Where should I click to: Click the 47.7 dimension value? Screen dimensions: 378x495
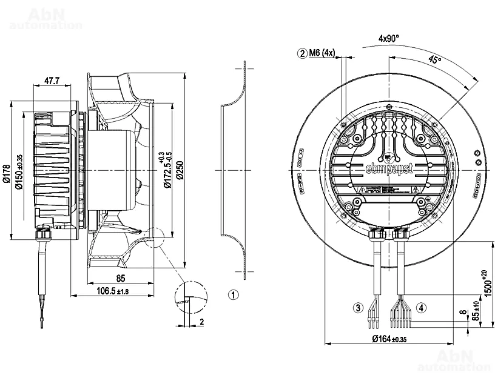coord(52,80)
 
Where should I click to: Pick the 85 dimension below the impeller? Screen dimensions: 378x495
coord(121,279)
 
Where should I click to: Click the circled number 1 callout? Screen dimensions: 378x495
coord(234,295)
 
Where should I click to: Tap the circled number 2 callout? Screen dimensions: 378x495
coord(301,53)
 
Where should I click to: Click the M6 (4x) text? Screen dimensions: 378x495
coord(322,53)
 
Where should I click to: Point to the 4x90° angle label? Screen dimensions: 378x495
coord(388,38)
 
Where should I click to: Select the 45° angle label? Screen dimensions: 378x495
coord(434,60)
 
